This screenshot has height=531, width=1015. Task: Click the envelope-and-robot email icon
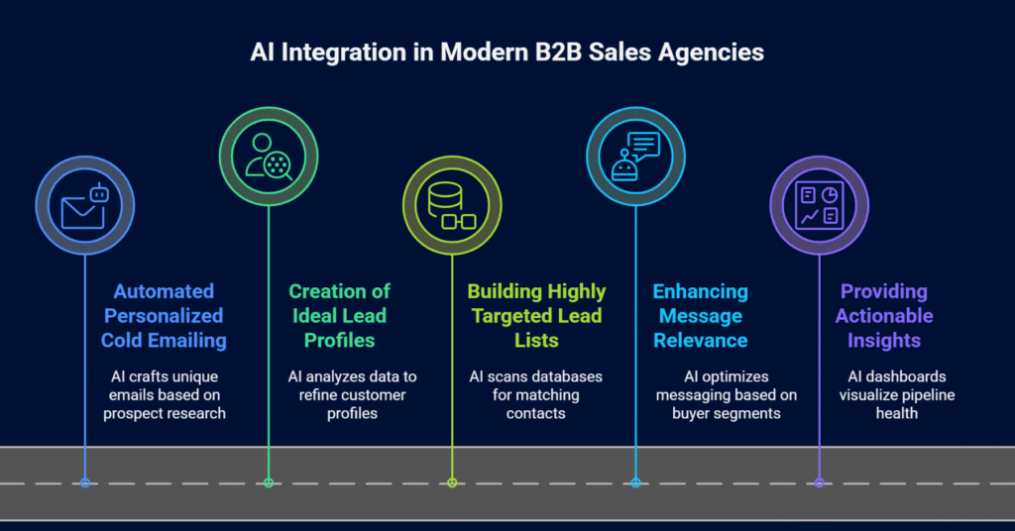coord(84,205)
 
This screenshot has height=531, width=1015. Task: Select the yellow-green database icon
coord(452,205)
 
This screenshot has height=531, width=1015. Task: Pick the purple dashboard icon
coord(819,205)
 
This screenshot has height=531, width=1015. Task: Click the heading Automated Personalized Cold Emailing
coord(164,316)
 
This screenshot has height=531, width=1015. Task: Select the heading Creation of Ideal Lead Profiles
coord(340,316)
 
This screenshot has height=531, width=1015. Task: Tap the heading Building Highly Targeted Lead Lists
coord(536,316)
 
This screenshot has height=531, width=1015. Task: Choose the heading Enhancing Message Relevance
coord(700,316)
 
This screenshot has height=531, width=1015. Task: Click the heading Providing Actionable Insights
coord(884,316)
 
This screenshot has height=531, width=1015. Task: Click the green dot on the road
coord(269,482)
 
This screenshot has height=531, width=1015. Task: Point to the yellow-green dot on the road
coord(452,482)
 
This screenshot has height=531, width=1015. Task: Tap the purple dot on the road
coord(819,482)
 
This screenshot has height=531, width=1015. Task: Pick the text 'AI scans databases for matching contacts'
coord(536,394)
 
